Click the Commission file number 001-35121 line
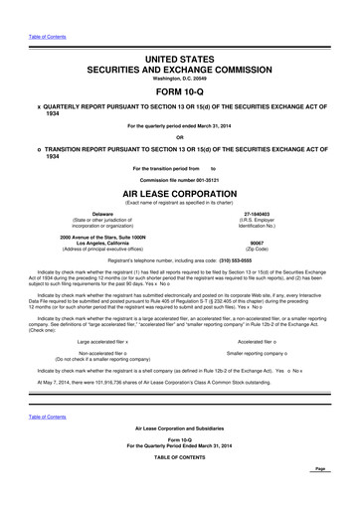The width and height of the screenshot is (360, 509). (x=180, y=178)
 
